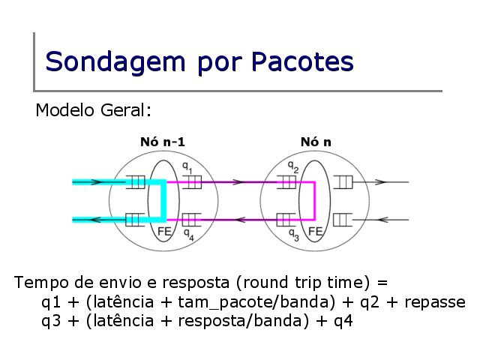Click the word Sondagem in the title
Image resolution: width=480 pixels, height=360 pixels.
point(115,62)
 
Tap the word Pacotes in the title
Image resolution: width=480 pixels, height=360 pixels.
point(302,61)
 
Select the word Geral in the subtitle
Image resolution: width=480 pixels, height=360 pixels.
point(126,110)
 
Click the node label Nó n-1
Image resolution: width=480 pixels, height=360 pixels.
point(163,142)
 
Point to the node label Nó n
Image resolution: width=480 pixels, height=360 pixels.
point(316,142)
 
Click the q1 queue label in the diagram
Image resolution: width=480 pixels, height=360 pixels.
point(187,167)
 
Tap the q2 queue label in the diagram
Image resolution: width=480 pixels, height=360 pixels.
point(293,167)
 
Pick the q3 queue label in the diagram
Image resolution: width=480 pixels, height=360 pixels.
point(294,235)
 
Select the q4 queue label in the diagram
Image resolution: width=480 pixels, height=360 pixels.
point(188,235)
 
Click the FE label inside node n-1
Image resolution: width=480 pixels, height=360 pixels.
point(164,232)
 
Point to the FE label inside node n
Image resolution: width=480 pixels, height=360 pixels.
point(315,232)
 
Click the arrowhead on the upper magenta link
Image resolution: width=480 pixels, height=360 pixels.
point(238,182)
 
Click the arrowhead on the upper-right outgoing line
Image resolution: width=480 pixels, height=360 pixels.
point(381,182)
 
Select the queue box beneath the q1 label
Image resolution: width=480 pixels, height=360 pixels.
point(192,182)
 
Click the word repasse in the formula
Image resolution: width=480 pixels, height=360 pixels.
point(435,302)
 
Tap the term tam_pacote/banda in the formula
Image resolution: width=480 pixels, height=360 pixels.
point(256,302)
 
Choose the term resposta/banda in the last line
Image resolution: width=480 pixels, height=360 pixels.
point(243,321)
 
